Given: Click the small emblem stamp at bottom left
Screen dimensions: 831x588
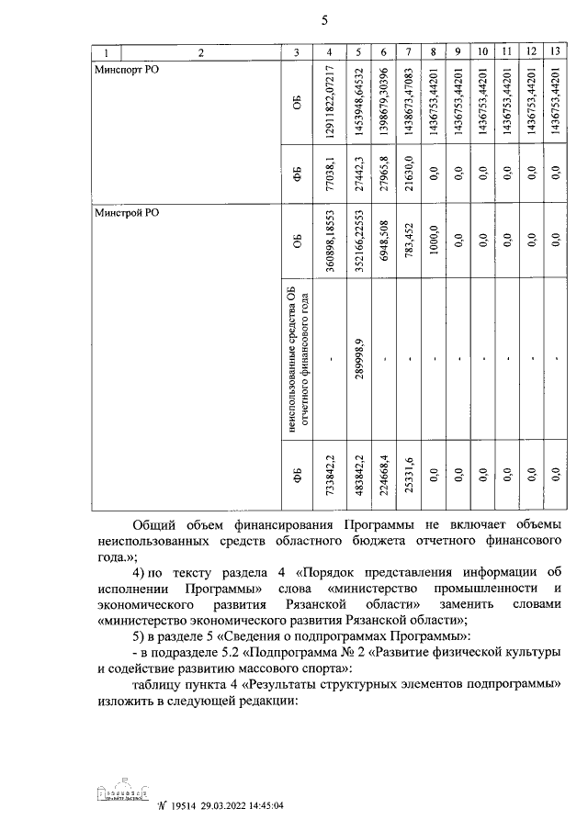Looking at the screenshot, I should click(121, 795).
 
